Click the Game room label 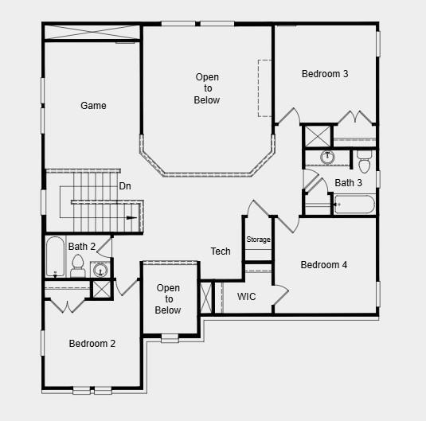(93, 106)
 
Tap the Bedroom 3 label (325, 74)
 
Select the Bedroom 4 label (323, 265)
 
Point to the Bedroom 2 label (92, 344)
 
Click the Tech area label (221, 251)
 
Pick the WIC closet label (247, 297)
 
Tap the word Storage (258, 240)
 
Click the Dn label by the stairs (125, 186)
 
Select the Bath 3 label (348, 183)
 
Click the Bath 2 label (82, 247)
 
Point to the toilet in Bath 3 (364, 162)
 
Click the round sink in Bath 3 (327, 157)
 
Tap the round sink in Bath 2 (101, 270)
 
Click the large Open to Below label (207, 88)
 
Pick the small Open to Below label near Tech (168, 299)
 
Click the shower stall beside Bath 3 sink (317, 135)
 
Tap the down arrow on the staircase (131, 216)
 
